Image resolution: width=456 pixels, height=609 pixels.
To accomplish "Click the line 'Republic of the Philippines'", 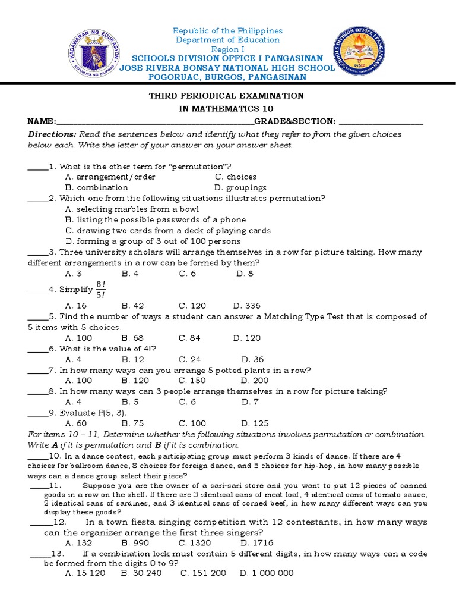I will pyautogui.click(x=228, y=30).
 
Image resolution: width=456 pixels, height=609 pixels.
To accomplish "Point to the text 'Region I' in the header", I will pyautogui.click(x=228, y=49).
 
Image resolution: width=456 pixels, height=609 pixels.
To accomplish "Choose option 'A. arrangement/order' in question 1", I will pyautogui.click(x=110, y=177).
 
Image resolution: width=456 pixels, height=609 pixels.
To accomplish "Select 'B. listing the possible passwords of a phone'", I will pyautogui.click(x=155, y=219).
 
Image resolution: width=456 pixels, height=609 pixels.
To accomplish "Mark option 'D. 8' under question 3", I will pyautogui.click(x=245, y=274).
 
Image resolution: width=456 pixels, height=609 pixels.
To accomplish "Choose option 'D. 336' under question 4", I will pyautogui.click(x=246, y=306).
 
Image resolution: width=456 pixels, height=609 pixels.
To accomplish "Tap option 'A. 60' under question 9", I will pyautogui.click(x=75, y=423).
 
